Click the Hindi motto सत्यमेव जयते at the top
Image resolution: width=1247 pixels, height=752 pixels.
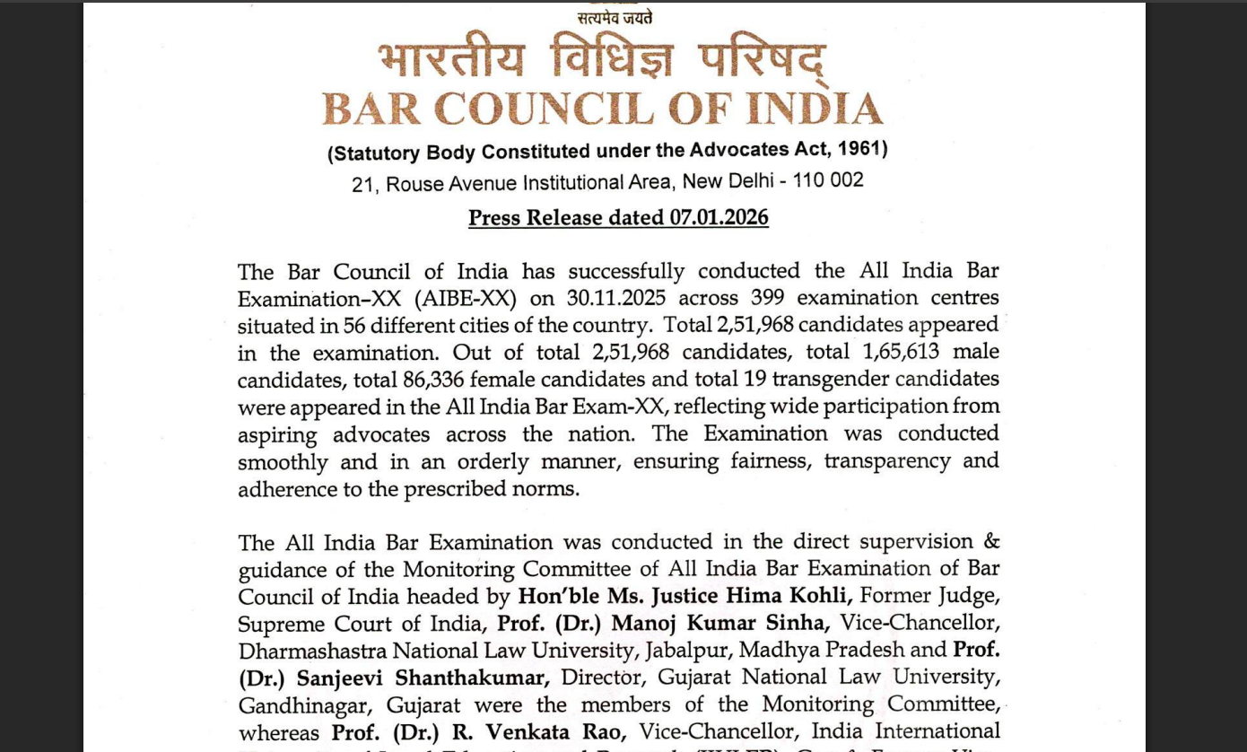click(615, 17)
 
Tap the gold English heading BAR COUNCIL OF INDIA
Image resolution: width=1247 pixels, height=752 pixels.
click(602, 109)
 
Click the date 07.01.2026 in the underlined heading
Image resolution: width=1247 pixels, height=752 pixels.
click(718, 218)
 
